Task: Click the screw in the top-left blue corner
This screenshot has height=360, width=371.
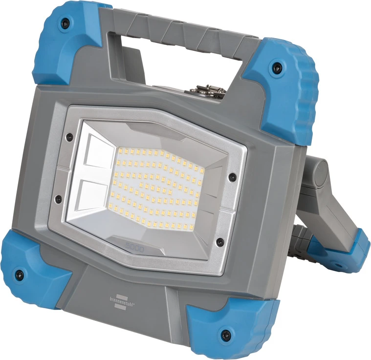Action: click(63, 22)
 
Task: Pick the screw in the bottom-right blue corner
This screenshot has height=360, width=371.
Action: click(226, 335)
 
